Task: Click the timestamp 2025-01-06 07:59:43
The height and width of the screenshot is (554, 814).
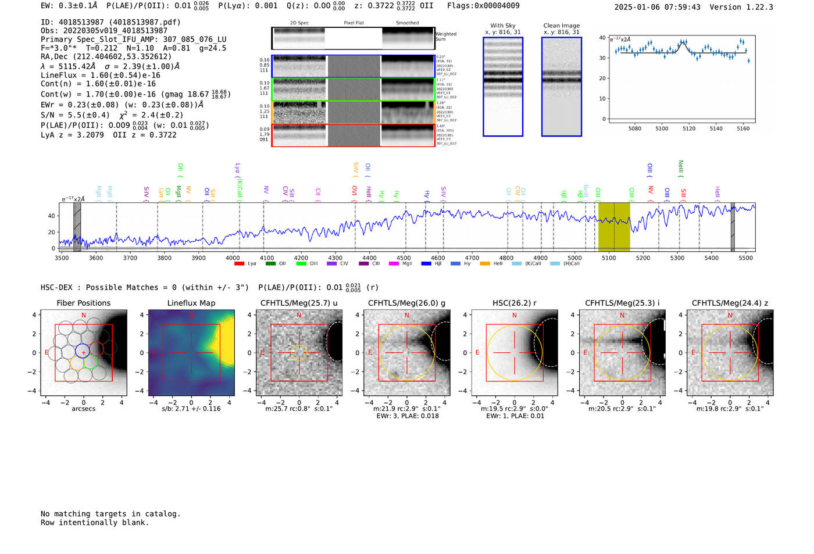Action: [657, 7]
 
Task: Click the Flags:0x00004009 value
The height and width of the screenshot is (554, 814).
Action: [483, 5]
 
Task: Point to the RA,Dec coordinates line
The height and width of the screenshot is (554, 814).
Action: [106, 56]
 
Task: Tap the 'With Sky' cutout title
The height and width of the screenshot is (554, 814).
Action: [502, 26]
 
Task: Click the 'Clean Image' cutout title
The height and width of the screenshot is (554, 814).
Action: [561, 26]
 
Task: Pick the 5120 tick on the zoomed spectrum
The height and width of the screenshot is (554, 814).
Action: [689, 128]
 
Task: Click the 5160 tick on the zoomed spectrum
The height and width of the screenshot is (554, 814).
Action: [743, 128]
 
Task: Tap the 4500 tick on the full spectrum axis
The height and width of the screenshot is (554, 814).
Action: [404, 258]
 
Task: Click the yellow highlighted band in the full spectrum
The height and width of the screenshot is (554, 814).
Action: [613, 227]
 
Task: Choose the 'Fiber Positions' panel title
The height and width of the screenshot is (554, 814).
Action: [83, 303]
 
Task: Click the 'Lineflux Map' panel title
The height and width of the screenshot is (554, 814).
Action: [191, 303]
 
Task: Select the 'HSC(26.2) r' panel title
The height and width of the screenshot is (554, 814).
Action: [514, 303]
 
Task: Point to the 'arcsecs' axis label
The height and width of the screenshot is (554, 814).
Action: [83, 409]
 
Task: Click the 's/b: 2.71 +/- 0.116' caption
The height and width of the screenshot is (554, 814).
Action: [191, 409]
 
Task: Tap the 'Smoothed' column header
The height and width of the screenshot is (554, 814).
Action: [407, 23]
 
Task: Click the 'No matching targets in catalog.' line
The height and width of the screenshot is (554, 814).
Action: [110, 513]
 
